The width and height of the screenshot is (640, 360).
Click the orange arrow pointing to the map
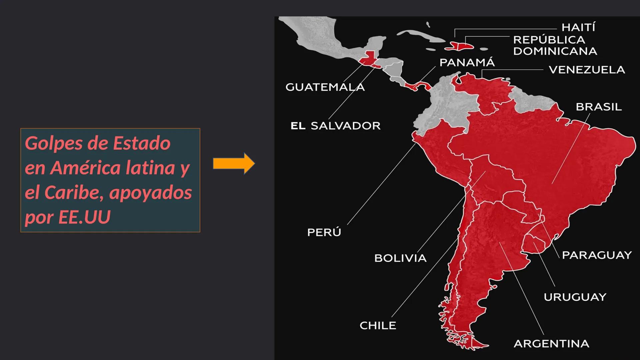(x=234, y=164)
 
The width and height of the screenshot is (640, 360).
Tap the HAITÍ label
(x=578, y=27)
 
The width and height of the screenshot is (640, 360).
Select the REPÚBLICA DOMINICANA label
(x=555, y=45)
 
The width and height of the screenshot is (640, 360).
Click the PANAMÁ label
(x=467, y=63)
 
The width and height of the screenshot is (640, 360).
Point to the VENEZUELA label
(x=587, y=70)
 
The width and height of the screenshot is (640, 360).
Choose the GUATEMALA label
(x=325, y=87)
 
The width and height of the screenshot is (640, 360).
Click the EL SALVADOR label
(x=335, y=126)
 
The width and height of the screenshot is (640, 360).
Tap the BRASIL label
(x=599, y=107)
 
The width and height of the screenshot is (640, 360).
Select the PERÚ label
(x=324, y=232)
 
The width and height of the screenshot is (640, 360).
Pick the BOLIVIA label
(x=400, y=258)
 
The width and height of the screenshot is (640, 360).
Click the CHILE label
(x=378, y=325)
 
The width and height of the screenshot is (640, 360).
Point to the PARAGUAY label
(x=597, y=255)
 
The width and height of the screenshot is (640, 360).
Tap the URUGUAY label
(x=575, y=297)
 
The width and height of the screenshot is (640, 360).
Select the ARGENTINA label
(x=551, y=344)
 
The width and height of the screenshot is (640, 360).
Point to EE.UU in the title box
(x=84, y=217)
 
